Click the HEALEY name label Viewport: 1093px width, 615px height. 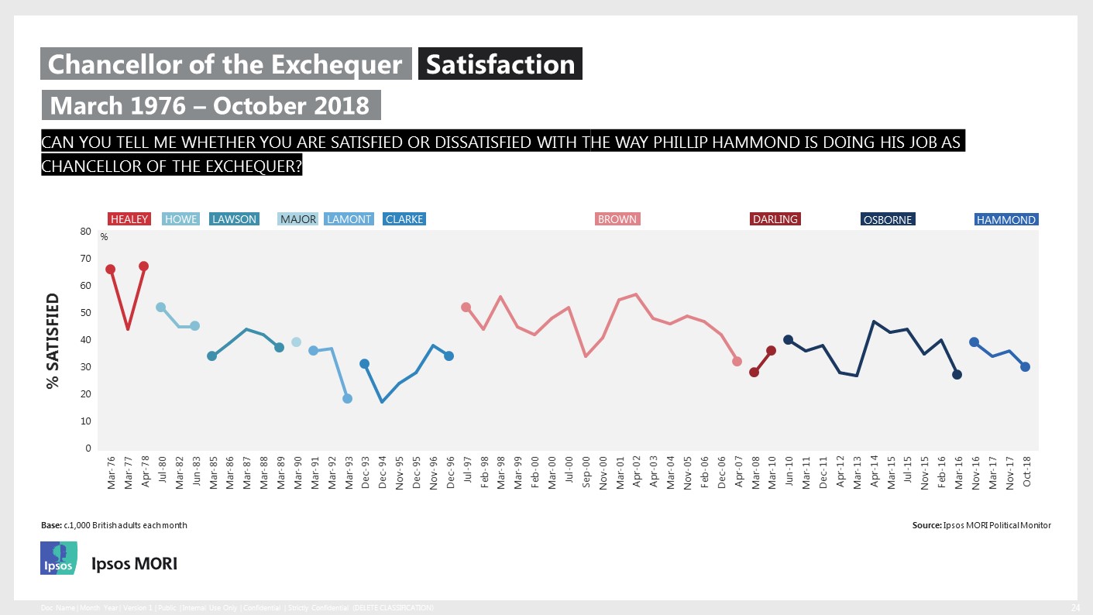[129, 219]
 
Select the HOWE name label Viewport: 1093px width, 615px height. [180, 219]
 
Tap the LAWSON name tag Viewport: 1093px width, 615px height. [234, 219]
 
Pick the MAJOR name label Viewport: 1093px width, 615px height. [298, 219]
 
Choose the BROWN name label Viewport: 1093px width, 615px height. [617, 219]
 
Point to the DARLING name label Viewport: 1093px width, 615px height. [775, 219]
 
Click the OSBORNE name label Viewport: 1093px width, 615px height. [888, 220]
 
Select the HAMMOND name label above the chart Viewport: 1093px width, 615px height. [1006, 220]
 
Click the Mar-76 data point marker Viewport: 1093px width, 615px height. [110, 269]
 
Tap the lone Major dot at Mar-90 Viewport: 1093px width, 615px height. [296, 342]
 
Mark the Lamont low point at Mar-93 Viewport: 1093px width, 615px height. [347, 398]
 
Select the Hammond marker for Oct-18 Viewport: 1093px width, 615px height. [1025, 366]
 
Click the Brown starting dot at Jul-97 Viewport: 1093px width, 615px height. [466, 307]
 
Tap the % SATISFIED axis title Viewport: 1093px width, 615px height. [53, 340]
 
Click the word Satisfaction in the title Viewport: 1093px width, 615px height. [500, 64]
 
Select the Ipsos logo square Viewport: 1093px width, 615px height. [59, 558]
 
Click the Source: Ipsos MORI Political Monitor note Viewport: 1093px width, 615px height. [981, 525]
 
